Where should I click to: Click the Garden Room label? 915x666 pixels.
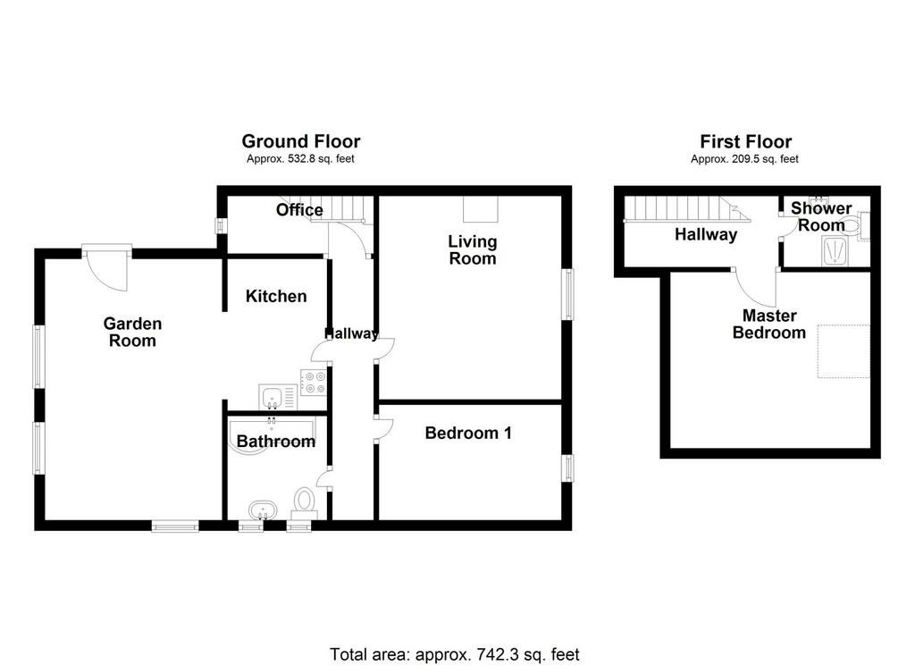(132, 333)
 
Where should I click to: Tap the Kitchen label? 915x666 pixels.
(276, 296)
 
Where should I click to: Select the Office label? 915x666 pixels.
(299, 209)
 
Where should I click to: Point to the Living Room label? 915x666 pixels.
(473, 249)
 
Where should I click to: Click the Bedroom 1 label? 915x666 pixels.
(468, 433)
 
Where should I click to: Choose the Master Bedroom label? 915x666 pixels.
(769, 324)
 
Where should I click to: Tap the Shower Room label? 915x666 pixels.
(821, 216)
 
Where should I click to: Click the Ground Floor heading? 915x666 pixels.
(301, 141)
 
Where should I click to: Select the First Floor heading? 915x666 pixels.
(746, 141)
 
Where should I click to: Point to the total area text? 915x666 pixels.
(455, 654)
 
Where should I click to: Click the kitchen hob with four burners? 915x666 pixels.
(314, 383)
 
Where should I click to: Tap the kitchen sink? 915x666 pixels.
(278, 398)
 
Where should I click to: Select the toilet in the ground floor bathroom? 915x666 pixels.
(304, 503)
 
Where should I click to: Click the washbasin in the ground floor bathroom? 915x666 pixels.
(264, 510)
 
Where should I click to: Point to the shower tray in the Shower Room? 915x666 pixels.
(835, 250)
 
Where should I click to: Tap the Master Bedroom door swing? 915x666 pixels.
(757, 289)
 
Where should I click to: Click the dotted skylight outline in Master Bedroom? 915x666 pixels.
(844, 350)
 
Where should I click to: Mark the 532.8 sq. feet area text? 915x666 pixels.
(300, 159)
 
